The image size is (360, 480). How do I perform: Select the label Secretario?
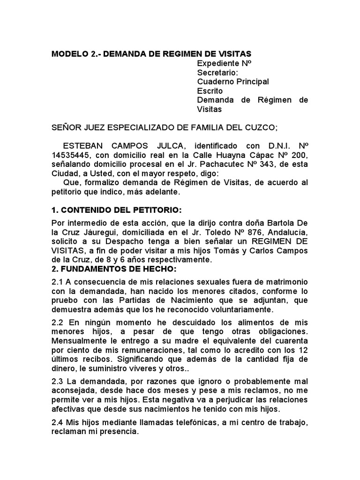tap(217, 73)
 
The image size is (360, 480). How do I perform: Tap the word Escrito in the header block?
tap(210, 91)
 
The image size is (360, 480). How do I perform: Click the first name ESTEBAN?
tap(82, 147)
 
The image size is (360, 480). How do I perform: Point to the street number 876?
tap(249, 232)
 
